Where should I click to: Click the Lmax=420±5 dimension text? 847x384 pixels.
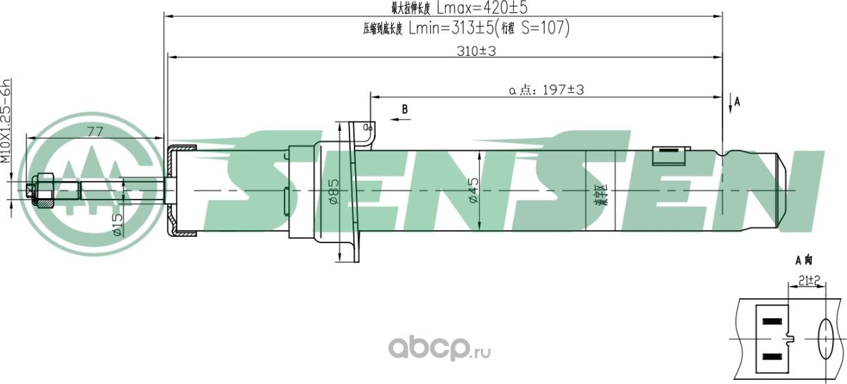pyautogui.click(x=486, y=9)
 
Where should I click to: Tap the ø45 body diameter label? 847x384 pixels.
pyautogui.click(x=473, y=191)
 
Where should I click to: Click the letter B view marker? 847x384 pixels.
pyautogui.click(x=405, y=109)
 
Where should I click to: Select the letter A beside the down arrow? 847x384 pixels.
pyautogui.click(x=737, y=102)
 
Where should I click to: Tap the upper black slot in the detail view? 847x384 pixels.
pyautogui.click(x=773, y=321)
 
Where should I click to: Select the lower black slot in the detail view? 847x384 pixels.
pyautogui.click(x=773, y=355)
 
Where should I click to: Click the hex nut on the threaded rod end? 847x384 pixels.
pyautogui.click(x=43, y=191)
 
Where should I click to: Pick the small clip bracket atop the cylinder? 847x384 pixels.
pyautogui.click(x=671, y=152)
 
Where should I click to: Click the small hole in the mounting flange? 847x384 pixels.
pyautogui.click(x=368, y=127)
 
